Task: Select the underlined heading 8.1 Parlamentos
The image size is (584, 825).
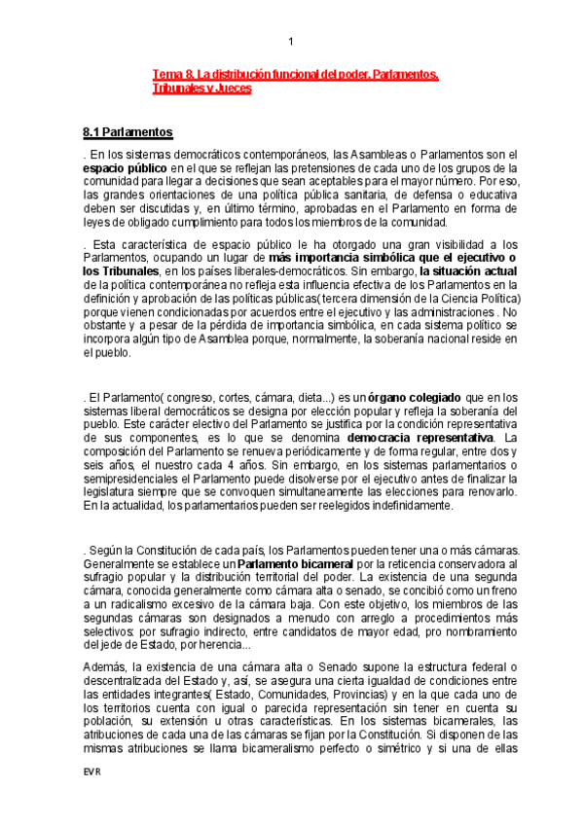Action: click(x=128, y=131)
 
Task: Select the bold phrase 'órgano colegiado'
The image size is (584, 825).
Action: click(x=415, y=397)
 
